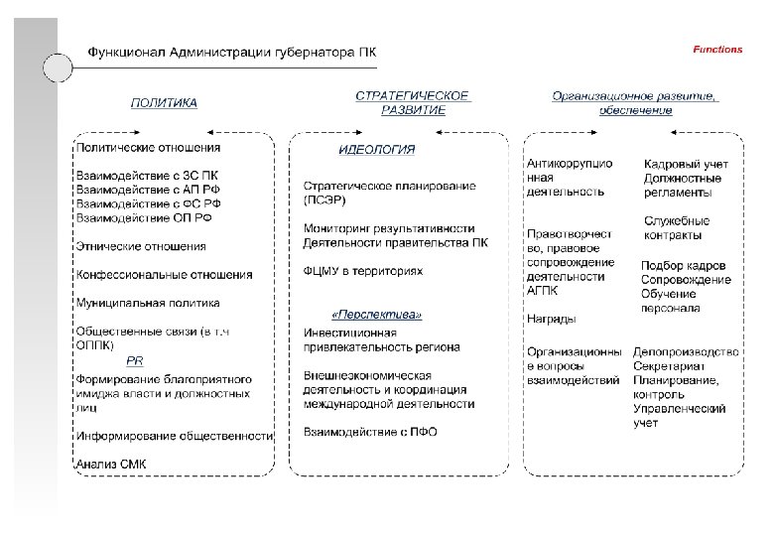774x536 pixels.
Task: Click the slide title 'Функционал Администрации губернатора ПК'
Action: pyautogui.click(x=233, y=52)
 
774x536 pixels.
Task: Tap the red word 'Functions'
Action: pyautogui.click(x=716, y=49)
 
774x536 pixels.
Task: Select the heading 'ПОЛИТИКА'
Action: pyautogui.click(x=165, y=102)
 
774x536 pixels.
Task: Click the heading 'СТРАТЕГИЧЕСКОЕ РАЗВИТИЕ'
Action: pyautogui.click(x=413, y=103)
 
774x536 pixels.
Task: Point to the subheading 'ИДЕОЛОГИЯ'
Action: pyautogui.click(x=377, y=150)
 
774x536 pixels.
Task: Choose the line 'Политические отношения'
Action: pyautogui.click(x=148, y=148)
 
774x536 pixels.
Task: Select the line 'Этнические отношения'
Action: pyautogui.click(x=141, y=245)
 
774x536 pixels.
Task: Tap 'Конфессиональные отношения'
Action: pyautogui.click(x=164, y=274)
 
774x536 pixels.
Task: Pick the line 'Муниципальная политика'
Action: pyautogui.click(x=148, y=302)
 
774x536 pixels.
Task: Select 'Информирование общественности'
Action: pyautogui.click(x=175, y=435)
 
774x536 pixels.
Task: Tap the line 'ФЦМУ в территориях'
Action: pyautogui.click(x=362, y=270)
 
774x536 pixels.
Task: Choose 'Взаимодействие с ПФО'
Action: pyautogui.click(x=370, y=432)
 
